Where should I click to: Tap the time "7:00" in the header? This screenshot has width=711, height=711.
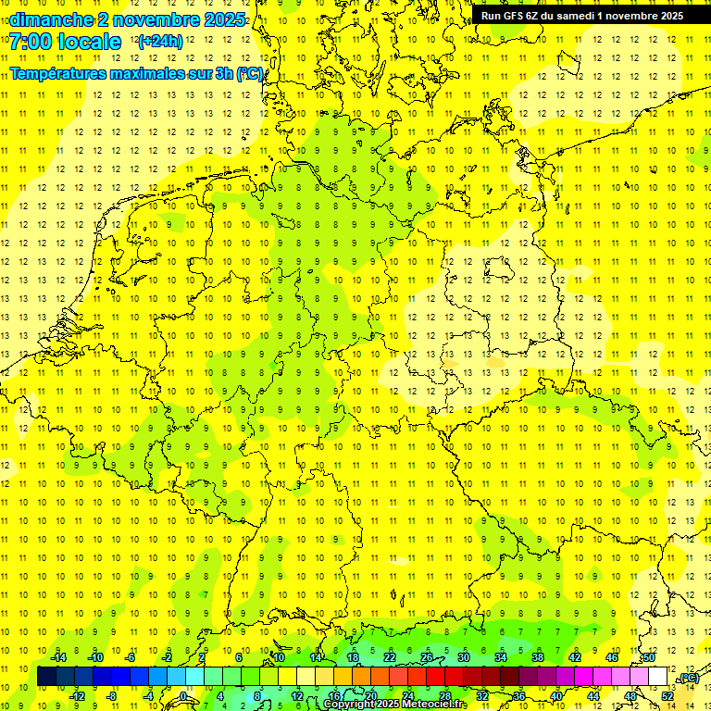click(36, 42)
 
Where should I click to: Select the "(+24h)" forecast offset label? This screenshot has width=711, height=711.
click(160, 42)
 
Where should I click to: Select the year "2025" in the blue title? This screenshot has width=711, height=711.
click(222, 19)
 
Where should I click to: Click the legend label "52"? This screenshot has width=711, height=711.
click(667, 696)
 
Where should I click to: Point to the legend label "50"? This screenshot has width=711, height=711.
click(649, 657)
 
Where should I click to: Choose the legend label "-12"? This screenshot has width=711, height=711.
click(77, 696)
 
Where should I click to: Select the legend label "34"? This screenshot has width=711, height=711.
click(501, 657)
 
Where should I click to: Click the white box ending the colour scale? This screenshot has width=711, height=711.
click(658, 677)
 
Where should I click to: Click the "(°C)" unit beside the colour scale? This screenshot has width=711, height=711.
click(688, 679)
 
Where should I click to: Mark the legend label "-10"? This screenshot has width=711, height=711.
click(95, 657)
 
